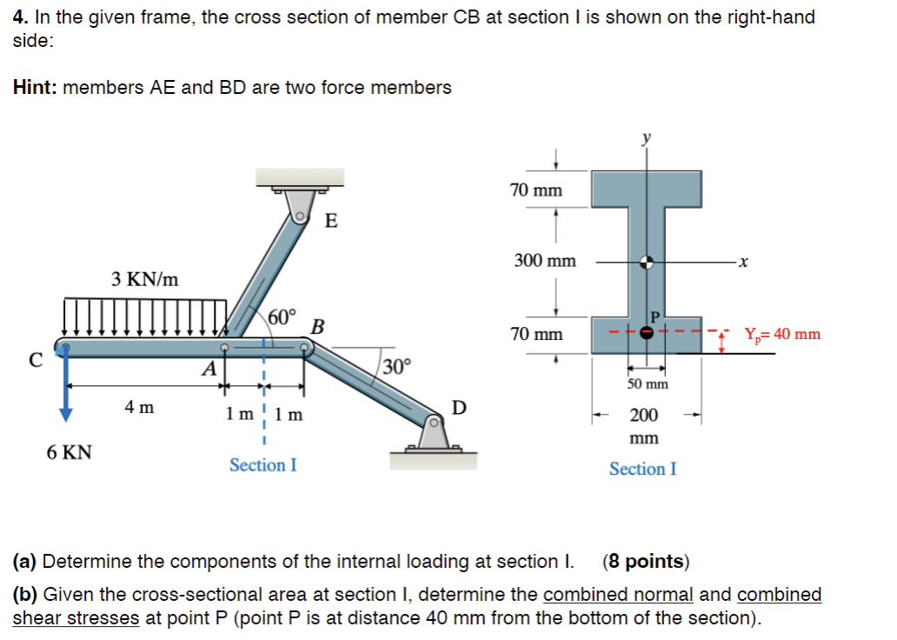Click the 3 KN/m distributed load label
pyautogui.click(x=145, y=279)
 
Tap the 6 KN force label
pyautogui.click(x=69, y=452)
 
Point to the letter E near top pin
pyautogui.click(x=330, y=221)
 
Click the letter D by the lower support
pyautogui.click(x=459, y=408)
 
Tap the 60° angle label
pyautogui.click(x=282, y=316)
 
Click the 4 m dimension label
pyautogui.click(x=139, y=406)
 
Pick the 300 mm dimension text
pyautogui.click(x=545, y=260)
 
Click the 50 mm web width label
pyautogui.click(x=648, y=383)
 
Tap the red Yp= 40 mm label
pyautogui.click(x=781, y=334)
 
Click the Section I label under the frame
pyautogui.click(x=262, y=465)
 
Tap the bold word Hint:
pyautogui.click(x=35, y=87)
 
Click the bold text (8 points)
pyautogui.click(x=645, y=562)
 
